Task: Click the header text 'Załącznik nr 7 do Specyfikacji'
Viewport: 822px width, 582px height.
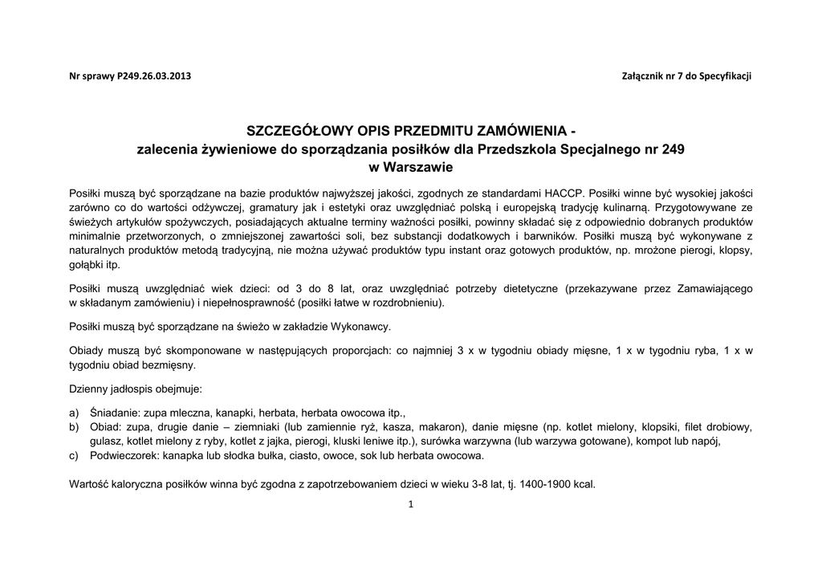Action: tap(686, 76)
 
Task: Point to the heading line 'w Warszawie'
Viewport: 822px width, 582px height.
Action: tap(410, 167)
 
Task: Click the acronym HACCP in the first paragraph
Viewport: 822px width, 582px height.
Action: tap(564, 193)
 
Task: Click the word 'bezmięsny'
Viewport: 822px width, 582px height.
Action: tap(169, 364)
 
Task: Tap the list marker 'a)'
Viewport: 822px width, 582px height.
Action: tap(75, 413)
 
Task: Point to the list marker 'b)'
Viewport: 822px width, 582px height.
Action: tap(75, 426)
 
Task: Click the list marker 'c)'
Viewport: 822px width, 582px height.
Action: tap(75, 455)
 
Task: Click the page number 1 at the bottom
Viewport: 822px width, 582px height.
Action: tap(410, 504)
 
